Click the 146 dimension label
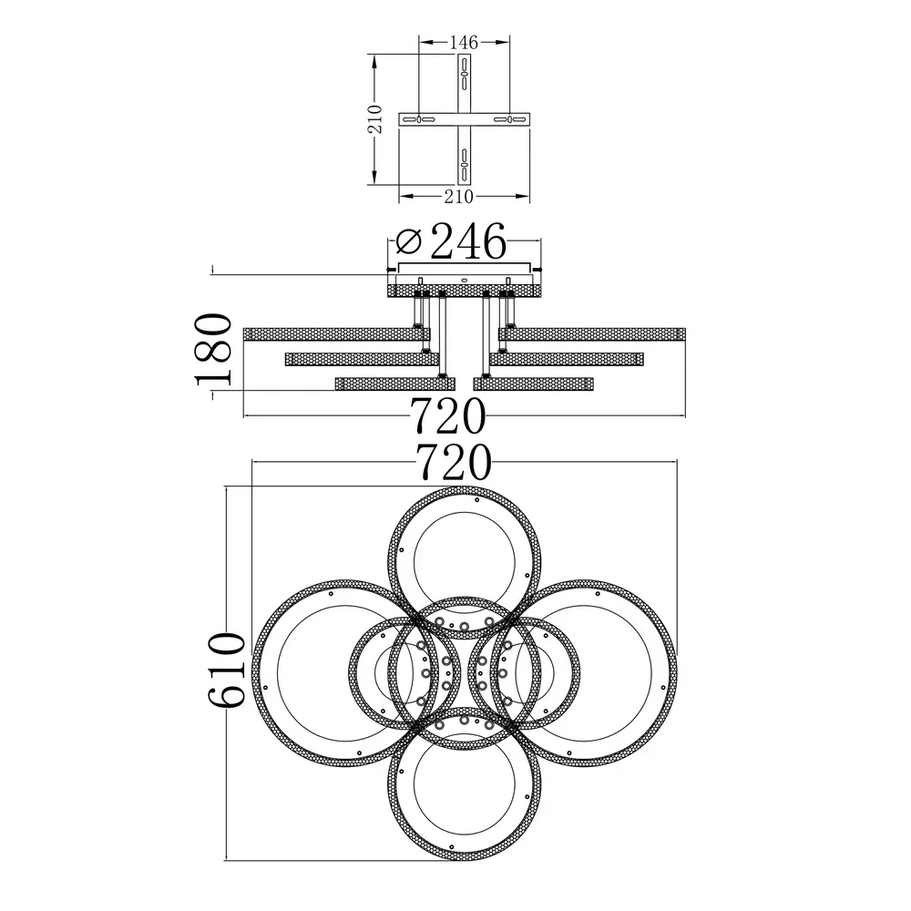coord(464,43)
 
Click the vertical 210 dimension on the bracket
coord(376,119)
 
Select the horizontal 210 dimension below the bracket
coord(459,197)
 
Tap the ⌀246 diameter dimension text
coord(451,241)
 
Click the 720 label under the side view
coord(448,416)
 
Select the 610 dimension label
coord(227,670)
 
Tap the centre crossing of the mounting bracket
coord(464,119)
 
